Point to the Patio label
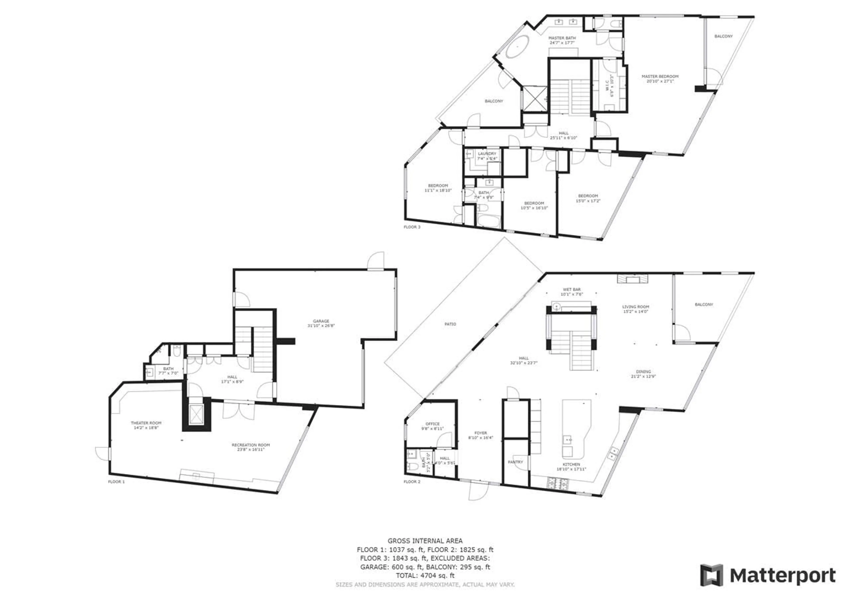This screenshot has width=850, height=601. pyautogui.click(x=450, y=324)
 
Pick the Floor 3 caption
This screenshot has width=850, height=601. pyautogui.click(x=412, y=227)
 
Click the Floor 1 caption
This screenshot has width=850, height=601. pyautogui.click(x=116, y=481)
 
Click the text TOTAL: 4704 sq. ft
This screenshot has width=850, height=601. pyautogui.click(x=425, y=576)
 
